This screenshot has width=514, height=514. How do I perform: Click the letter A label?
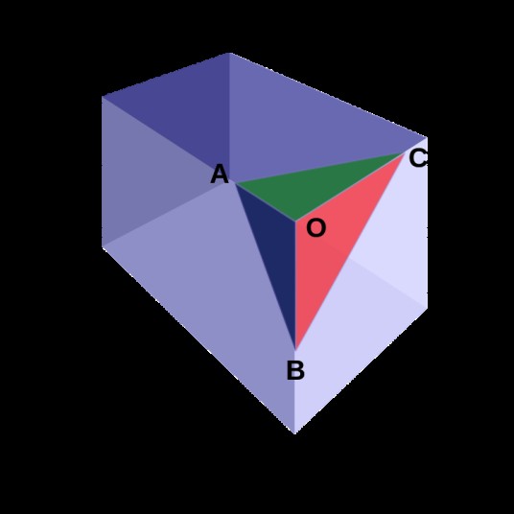220,175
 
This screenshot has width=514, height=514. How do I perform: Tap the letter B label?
295,370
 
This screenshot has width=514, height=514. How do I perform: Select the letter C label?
418,158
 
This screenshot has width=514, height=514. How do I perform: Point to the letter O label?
316,228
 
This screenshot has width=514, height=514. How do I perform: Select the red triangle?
331,243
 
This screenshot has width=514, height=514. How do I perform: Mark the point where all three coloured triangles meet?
295,221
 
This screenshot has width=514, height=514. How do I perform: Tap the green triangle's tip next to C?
405,152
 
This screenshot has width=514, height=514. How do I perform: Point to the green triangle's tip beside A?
235,183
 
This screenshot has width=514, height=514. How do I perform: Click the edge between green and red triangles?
350,187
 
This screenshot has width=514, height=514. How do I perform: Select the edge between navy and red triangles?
295,286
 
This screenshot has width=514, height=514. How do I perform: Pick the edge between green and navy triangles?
266,202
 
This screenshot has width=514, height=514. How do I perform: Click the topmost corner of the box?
229,53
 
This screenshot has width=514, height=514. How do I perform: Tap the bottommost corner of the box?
295,433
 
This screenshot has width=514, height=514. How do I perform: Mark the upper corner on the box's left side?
103,96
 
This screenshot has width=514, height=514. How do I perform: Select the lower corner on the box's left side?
103,246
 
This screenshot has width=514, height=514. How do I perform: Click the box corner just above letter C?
427,137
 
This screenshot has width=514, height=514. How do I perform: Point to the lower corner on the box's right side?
427,308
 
